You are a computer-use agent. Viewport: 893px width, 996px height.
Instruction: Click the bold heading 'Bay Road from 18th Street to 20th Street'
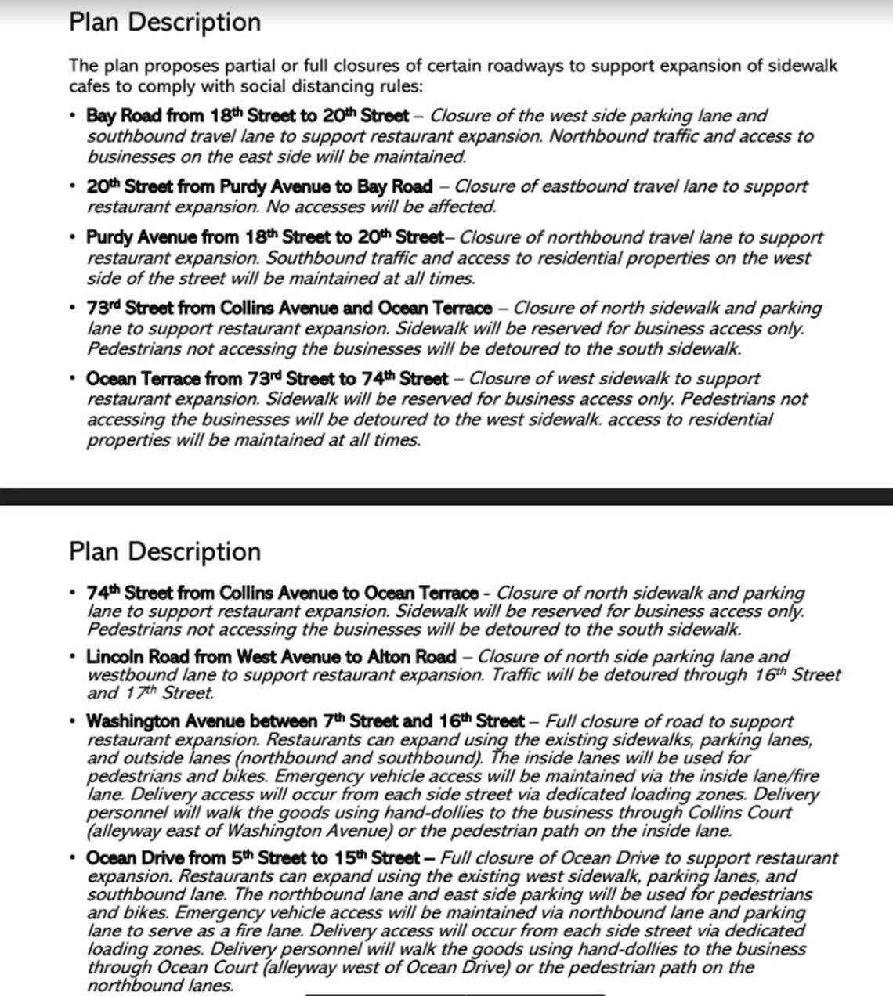(x=248, y=116)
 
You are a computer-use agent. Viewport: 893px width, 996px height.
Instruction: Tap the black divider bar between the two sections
(x=446, y=496)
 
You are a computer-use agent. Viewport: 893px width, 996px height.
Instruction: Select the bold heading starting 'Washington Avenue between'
(x=305, y=720)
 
